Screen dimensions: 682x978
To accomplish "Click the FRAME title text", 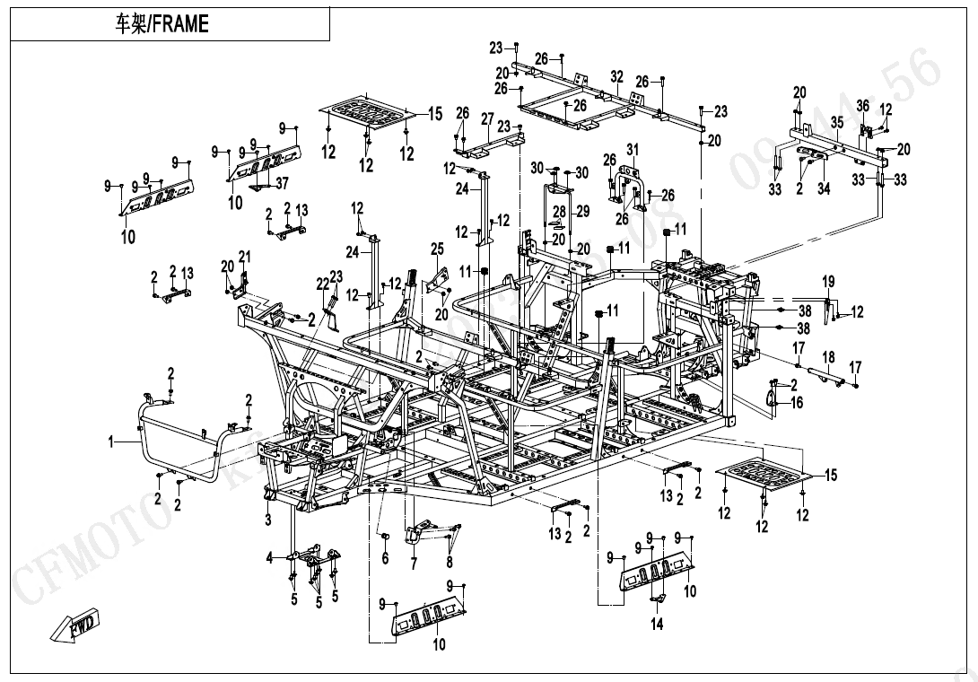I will pyautogui.click(x=162, y=25).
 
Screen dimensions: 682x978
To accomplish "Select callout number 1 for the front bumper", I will pyautogui.click(x=111, y=442).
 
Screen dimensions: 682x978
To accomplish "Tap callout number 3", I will pyautogui.click(x=268, y=558).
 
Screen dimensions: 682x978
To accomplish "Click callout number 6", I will pyautogui.click(x=385, y=558).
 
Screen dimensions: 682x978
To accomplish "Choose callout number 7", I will pyautogui.click(x=414, y=564).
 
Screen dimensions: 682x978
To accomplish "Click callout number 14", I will pyautogui.click(x=658, y=625).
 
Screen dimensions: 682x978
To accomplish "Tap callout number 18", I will pyautogui.click(x=828, y=357).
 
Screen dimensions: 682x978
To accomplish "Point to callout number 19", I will pyautogui.click(x=828, y=282).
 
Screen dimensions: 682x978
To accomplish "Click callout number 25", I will pyautogui.click(x=437, y=249).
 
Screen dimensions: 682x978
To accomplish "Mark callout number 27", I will pyautogui.click(x=487, y=118).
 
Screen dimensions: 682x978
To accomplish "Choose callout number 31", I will pyautogui.click(x=632, y=149).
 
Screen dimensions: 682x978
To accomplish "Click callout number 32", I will pyautogui.click(x=616, y=78).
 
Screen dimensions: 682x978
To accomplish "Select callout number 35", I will pyautogui.click(x=836, y=122).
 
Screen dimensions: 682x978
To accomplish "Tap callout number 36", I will pyautogui.click(x=862, y=106).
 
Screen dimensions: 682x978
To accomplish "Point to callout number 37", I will pyautogui.click(x=283, y=184).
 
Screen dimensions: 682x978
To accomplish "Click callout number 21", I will pyautogui.click(x=245, y=258).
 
